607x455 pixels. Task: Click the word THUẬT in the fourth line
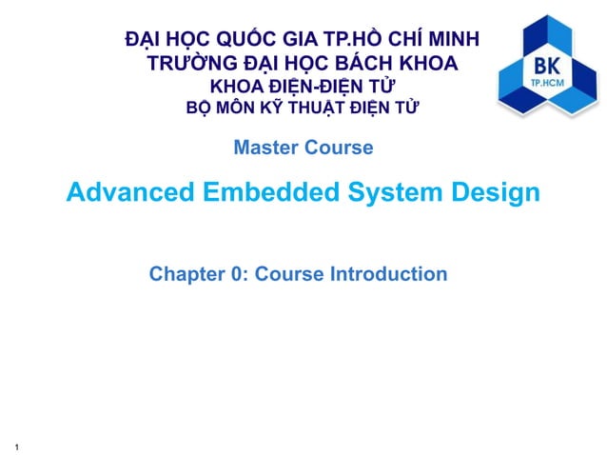coord(315,108)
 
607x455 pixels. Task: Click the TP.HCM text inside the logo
coord(547,84)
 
